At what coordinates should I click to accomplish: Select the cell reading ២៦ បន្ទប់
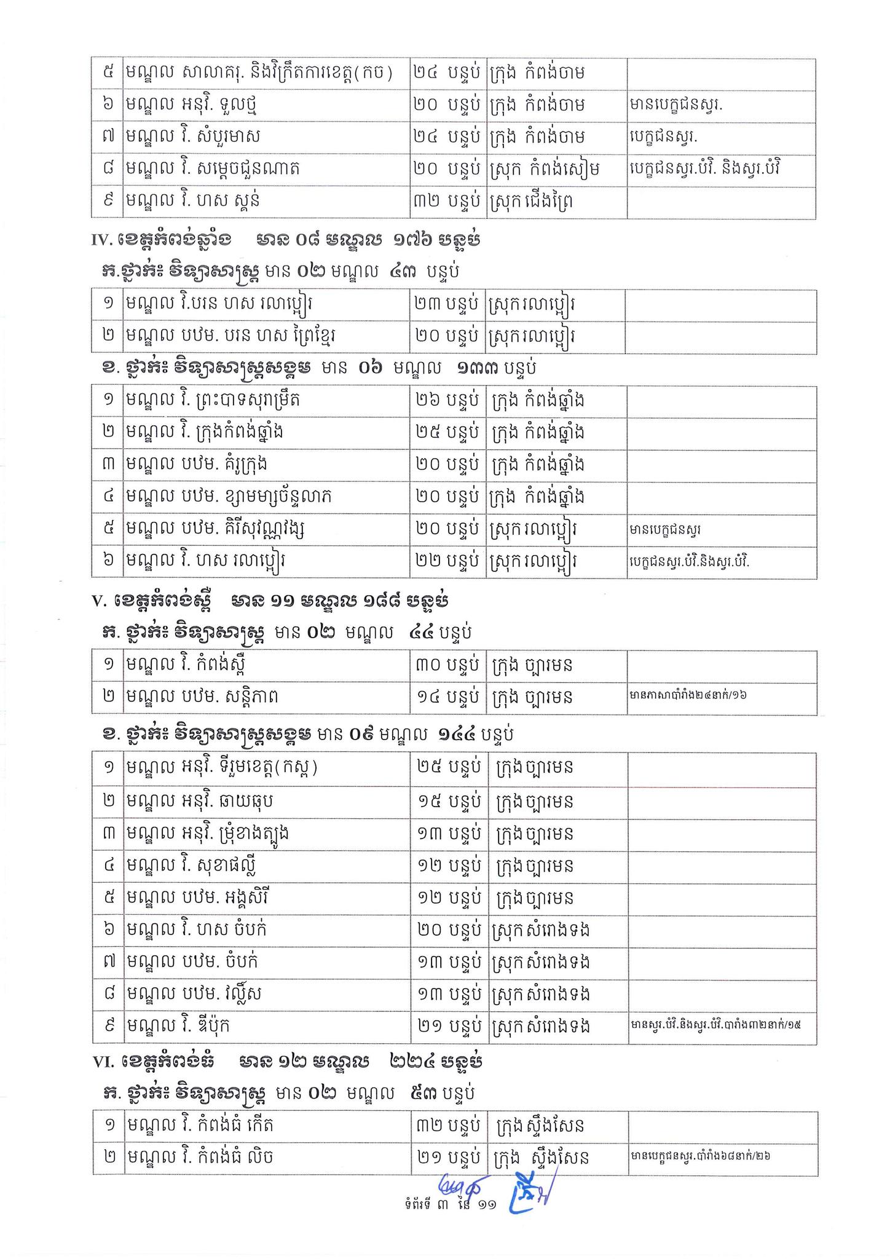447,400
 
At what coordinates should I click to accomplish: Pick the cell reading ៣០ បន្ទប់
447,665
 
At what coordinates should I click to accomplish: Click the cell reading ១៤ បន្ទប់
447,697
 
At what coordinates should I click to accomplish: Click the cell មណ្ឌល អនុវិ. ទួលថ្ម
191,105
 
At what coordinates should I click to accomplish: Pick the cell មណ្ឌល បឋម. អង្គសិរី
197,898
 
